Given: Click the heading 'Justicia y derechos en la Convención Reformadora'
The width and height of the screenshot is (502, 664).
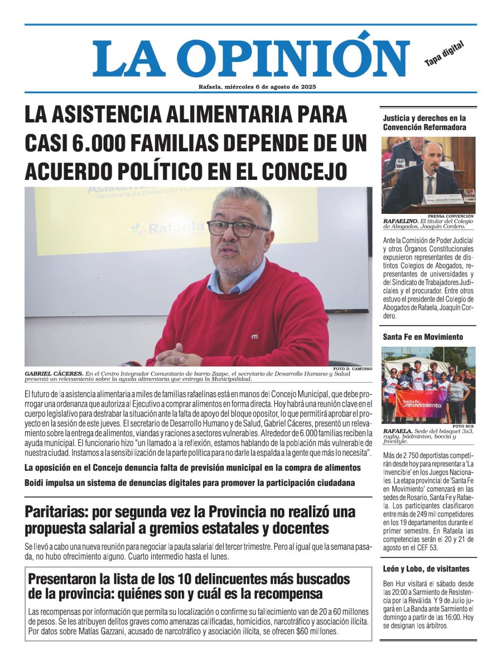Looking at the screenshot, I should tap(424, 122).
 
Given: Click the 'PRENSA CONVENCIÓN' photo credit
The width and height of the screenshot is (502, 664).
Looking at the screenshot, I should tap(451, 216).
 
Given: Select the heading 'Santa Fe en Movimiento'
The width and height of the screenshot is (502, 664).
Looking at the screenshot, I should tap(423, 337).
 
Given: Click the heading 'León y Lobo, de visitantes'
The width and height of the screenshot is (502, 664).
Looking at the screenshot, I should tap(426, 569).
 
